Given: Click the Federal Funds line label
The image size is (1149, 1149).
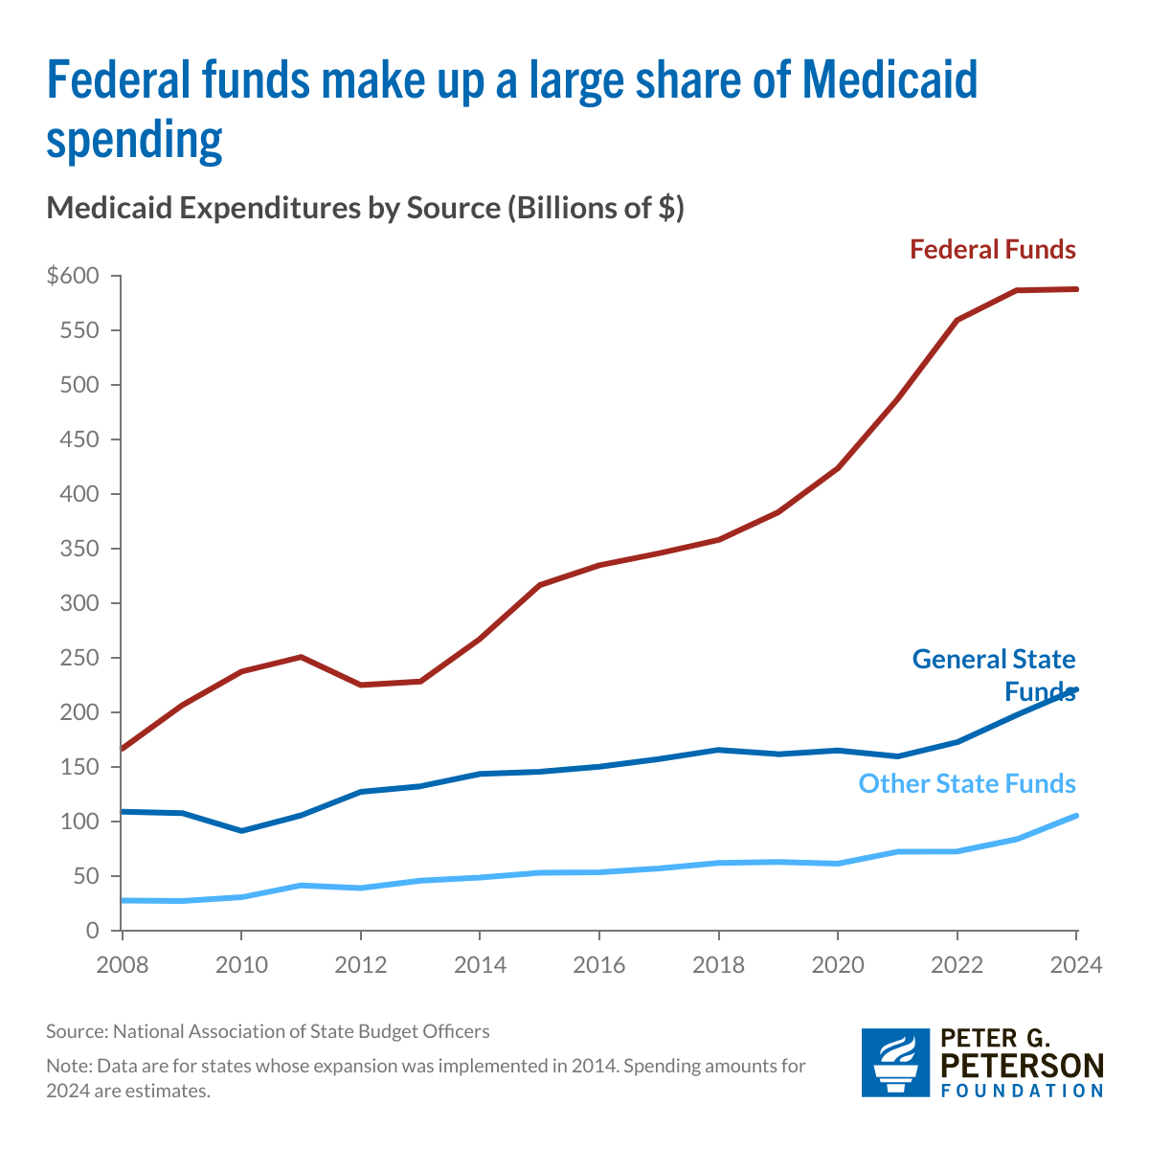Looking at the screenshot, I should click(x=993, y=250).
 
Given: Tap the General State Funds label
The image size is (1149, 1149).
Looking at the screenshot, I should click(x=994, y=674).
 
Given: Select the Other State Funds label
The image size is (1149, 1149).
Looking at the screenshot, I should click(x=967, y=784).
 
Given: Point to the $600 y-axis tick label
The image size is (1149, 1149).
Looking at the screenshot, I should click(x=73, y=277).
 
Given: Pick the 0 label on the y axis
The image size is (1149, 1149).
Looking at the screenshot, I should click(x=93, y=931).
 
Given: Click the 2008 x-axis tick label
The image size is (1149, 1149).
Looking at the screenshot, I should click(x=122, y=964).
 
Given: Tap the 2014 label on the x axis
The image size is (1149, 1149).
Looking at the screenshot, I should click(x=480, y=964).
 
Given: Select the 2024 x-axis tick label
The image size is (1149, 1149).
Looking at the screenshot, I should click(x=1076, y=964).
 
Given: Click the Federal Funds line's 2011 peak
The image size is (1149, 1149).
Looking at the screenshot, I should click(x=301, y=657).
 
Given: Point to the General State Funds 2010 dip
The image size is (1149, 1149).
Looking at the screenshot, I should click(x=241, y=830).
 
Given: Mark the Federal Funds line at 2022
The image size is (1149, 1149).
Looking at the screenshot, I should click(x=957, y=320).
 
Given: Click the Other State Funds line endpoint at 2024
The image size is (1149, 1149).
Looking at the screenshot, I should click(x=1076, y=816).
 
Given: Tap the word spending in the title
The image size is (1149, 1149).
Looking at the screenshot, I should click(x=134, y=140).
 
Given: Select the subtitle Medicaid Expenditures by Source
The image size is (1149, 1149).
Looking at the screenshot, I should click(x=365, y=208).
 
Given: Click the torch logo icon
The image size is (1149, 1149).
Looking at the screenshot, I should click(x=895, y=1063).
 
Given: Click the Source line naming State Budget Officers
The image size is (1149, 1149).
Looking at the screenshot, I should click(x=268, y=1031).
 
